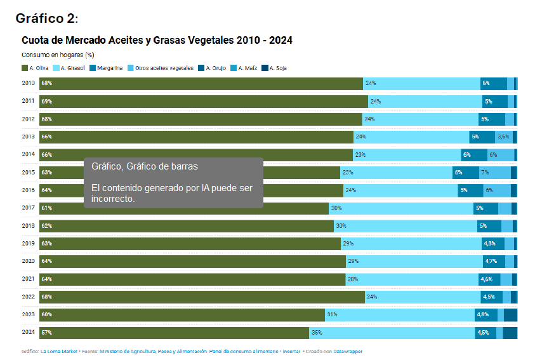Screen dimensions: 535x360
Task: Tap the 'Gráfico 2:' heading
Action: click(47, 18)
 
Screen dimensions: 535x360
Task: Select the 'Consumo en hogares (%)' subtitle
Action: click(58, 55)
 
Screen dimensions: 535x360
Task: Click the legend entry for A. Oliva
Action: click(35, 68)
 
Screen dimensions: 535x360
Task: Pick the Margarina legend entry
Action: click(106, 68)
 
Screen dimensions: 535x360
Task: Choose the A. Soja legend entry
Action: click(274, 68)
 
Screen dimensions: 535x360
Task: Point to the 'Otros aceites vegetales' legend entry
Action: click(161, 68)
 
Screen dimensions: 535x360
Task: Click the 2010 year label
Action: click(29, 83)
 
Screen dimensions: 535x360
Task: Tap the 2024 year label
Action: click(29, 332)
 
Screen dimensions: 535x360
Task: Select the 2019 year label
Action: click(29, 243)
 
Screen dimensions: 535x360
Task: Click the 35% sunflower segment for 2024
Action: click(392, 333)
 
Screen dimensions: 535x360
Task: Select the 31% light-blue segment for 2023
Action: click(400, 315)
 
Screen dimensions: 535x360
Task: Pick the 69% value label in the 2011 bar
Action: click(47, 102)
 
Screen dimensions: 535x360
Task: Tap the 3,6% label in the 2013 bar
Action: click(503, 137)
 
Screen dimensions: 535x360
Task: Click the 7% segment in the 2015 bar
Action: click(495, 173)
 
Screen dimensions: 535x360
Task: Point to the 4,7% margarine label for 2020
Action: click(491, 262)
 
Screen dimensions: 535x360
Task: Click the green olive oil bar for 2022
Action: click(202, 297)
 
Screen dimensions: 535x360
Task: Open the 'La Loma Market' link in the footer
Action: click(59, 352)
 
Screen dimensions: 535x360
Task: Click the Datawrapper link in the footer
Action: click(348, 352)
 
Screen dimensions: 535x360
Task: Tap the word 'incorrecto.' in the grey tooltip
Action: click(113, 199)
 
